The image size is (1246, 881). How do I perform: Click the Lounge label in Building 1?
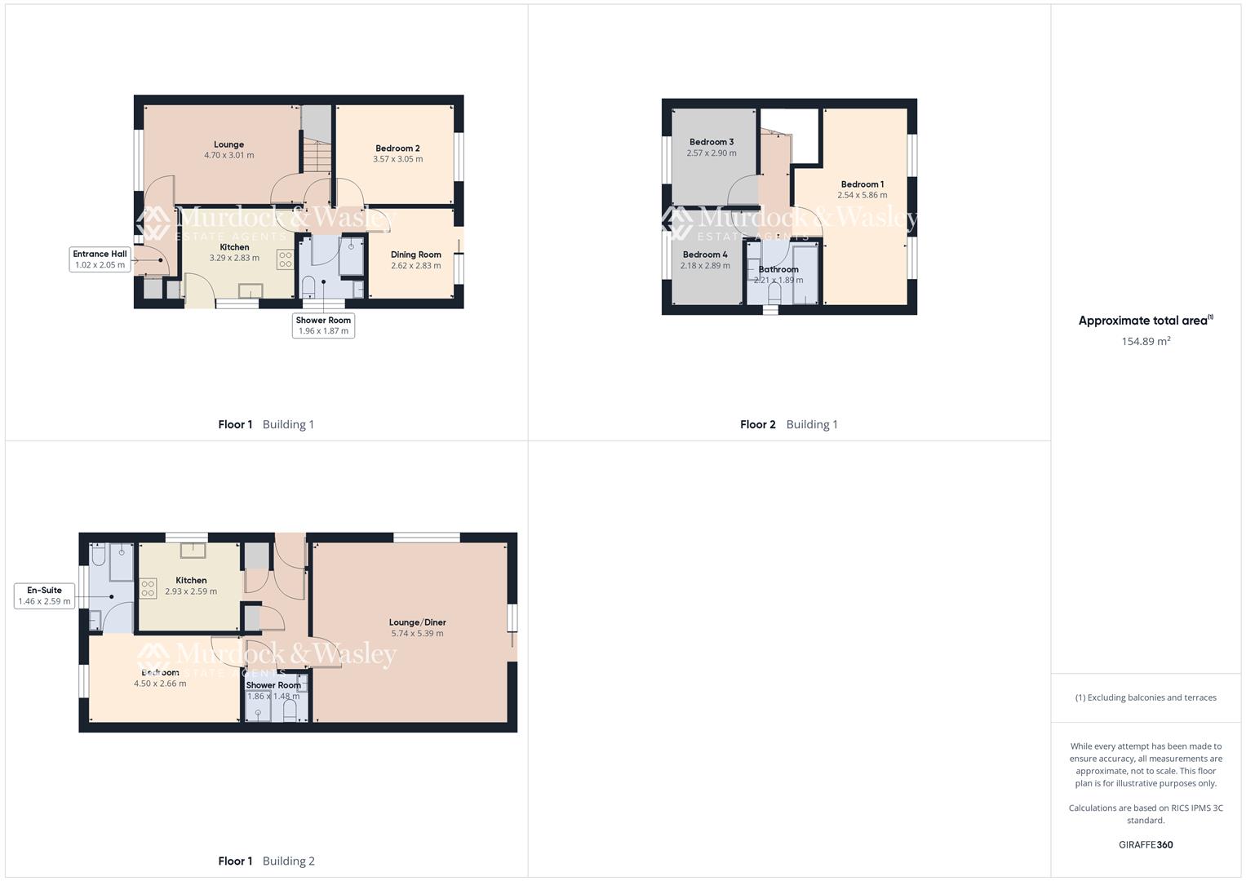click(x=228, y=144)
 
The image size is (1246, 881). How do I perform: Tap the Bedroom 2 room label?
click(x=397, y=148)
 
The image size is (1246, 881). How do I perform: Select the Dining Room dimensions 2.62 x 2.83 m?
click(x=415, y=266)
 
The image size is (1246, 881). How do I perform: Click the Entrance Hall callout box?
click(x=100, y=259)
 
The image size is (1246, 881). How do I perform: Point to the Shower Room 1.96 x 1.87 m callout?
click(x=323, y=325)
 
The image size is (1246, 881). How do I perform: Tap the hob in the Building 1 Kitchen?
click(x=285, y=260)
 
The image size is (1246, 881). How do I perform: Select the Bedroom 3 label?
click(x=711, y=142)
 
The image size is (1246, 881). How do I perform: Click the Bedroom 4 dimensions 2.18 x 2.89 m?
click(x=705, y=266)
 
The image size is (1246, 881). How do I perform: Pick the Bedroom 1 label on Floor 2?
click(x=862, y=184)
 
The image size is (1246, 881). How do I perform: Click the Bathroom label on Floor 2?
click(x=778, y=269)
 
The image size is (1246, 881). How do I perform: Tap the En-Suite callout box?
click(x=45, y=595)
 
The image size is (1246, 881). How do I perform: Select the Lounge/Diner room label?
click(x=417, y=622)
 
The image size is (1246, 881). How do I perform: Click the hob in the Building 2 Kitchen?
click(x=148, y=588)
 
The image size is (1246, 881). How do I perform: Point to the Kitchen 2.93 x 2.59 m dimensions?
click(x=191, y=592)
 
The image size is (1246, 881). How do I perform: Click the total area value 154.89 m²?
click(x=1146, y=342)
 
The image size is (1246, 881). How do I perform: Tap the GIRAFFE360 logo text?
click(x=1146, y=845)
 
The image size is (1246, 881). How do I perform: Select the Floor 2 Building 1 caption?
click(x=788, y=424)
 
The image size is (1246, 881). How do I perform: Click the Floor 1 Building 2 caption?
click(x=266, y=861)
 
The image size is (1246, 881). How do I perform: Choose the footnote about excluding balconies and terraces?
click(x=1146, y=697)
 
